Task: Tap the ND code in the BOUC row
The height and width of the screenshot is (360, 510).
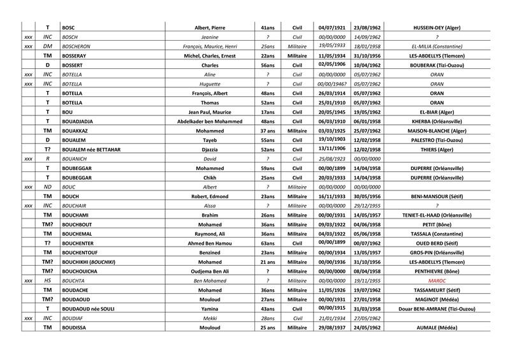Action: (47, 187)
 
